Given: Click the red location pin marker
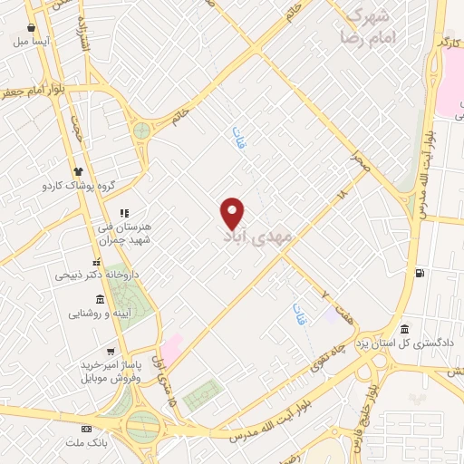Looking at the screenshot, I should (x=233, y=212).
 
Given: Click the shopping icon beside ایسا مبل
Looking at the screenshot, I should (x=32, y=28).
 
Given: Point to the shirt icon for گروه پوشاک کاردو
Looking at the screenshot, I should (x=78, y=170).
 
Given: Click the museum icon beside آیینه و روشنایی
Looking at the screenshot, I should (x=99, y=300).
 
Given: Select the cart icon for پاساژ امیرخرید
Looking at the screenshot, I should (x=111, y=352).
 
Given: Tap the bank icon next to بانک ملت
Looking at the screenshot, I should (x=87, y=429).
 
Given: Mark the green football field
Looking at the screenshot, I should (x=202, y=396).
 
